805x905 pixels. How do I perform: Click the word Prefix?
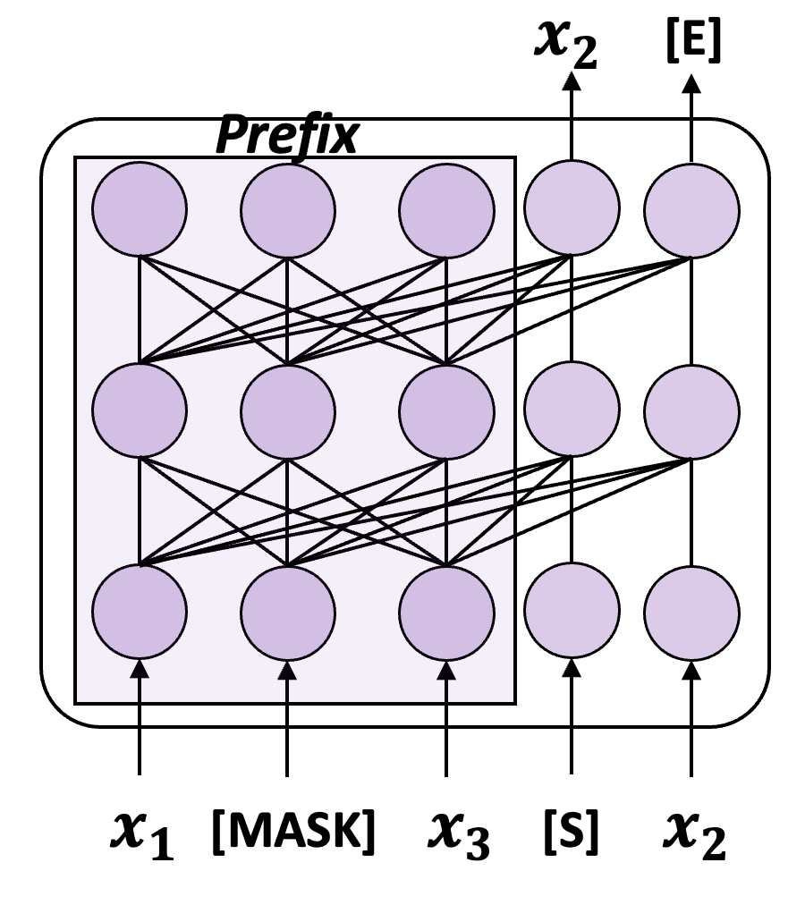[x=287, y=136]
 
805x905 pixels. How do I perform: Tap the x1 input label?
[x=141, y=834]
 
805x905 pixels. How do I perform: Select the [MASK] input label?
[x=292, y=833]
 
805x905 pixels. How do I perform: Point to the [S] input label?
[x=570, y=833]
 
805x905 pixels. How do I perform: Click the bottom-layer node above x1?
[x=140, y=612]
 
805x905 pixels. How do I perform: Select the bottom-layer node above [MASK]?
[x=288, y=612]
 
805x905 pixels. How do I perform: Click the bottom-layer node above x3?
[x=446, y=612]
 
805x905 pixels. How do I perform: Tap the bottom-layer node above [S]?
[x=571, y=612]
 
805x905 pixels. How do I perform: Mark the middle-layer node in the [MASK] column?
[x=288, y=411]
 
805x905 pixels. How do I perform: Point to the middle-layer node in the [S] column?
[x=571, y=411]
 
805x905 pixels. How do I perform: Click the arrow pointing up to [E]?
[x=691, y=116]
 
